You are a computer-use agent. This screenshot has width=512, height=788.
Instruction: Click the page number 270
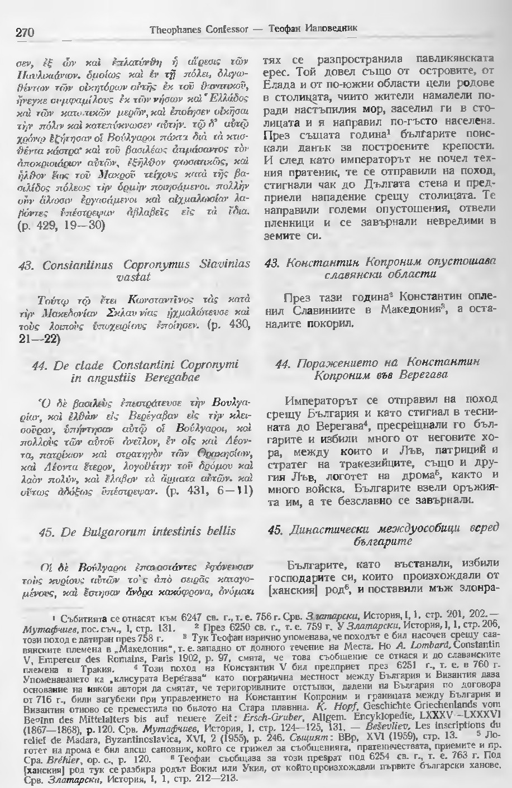click(25, 32)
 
